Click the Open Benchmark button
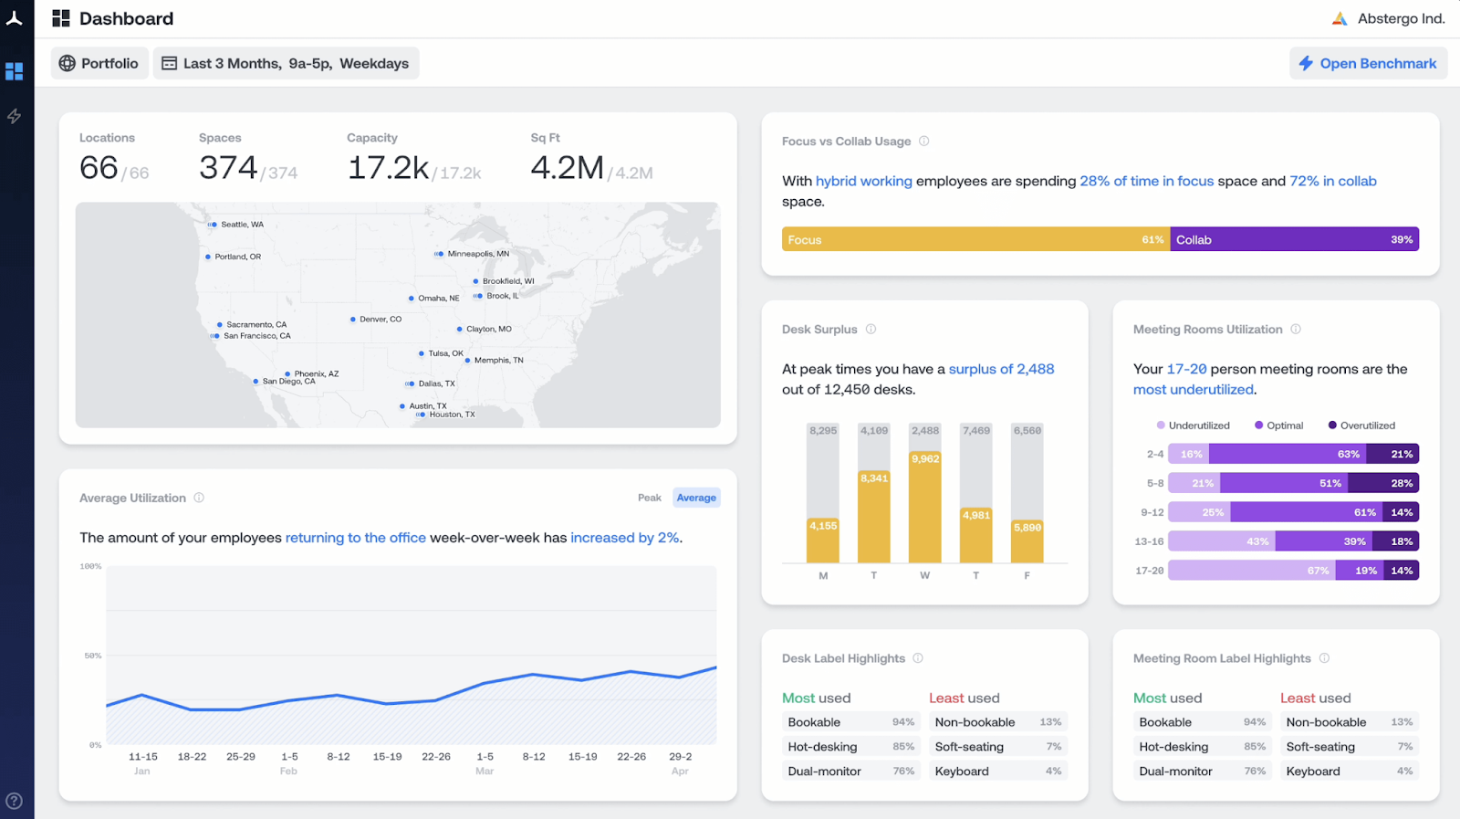(1367, 63)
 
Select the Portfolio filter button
(99, 63)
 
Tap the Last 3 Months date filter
(286, 63)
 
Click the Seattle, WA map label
(241, 225)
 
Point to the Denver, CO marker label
(380, 320)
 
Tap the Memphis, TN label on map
(498, 361)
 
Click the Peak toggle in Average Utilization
(649, 498)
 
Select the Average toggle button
(696, 498)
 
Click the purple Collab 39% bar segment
(1294, 239)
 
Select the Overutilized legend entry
(1361, 425)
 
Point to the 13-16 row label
(1149, 541)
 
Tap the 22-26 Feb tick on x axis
(436, 757)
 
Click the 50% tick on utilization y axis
(93, 656)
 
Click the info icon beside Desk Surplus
(871, 330)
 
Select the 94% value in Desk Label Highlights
(902, 722)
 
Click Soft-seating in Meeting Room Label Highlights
(1320, 747)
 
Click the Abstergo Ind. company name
(1401, 18)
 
